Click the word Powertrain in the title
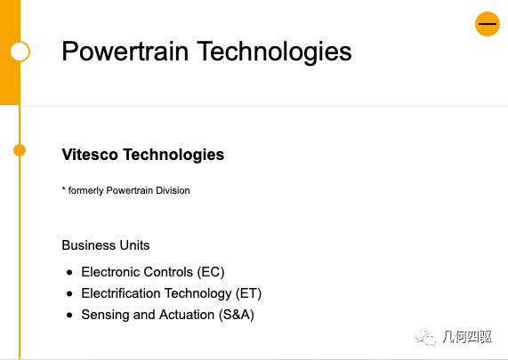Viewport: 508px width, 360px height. click(125, 52)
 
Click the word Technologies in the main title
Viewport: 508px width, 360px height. click(274, 52)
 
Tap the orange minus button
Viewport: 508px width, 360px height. click(488, 24)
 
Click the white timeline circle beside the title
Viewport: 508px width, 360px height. click(20, 52)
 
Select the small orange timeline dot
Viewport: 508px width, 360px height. click(20, 150)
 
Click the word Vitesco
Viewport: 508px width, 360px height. click(90, 155)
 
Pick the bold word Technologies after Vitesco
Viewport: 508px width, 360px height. click(173, 155)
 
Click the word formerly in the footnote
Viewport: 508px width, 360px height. click(85, 190)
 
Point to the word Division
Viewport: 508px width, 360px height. click(173, 190)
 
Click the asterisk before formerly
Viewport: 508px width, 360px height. click(63, 188)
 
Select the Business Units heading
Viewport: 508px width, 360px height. click(106, 245)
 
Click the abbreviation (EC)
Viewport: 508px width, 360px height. click(211, 272)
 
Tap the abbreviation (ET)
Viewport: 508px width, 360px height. click(248, 293)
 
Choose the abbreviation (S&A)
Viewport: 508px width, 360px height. click(237, 315)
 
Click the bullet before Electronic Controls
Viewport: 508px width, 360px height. click(69, 273)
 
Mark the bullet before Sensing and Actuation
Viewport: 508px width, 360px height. click(69, 316)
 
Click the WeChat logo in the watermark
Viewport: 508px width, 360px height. click(425, 338)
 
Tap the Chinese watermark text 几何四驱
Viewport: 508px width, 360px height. click(467, 337)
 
